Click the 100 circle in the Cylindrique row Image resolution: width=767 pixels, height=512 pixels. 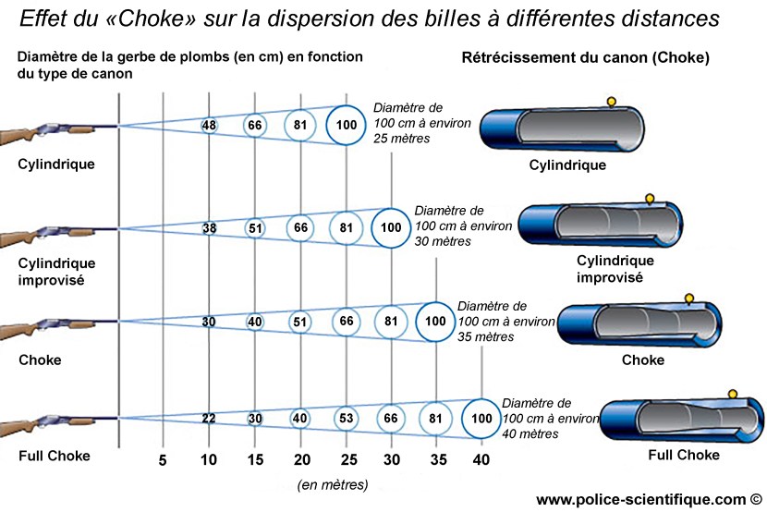pos(347,126)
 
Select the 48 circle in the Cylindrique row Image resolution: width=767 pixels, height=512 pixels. pos(209,126)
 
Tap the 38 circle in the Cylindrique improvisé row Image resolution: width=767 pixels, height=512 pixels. pos(209,226)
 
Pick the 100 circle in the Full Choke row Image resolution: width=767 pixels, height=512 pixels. pos(481,419)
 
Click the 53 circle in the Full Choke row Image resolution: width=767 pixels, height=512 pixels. pos(346,419)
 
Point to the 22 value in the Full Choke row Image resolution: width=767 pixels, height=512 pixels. pos(209,419)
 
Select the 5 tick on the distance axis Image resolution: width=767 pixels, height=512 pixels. pos(164,460)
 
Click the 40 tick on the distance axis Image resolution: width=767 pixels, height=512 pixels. pos(481,460)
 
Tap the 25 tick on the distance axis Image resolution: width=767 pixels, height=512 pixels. pos(346,460)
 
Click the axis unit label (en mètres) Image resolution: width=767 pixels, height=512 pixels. pos(333,485)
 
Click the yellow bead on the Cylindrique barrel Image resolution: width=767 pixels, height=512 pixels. pos(609,100)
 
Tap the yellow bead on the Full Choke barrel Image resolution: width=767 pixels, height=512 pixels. pos(732,394)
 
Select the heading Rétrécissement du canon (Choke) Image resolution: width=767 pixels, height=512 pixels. pos(585,57)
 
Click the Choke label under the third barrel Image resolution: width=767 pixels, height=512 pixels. pos(642,360)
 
